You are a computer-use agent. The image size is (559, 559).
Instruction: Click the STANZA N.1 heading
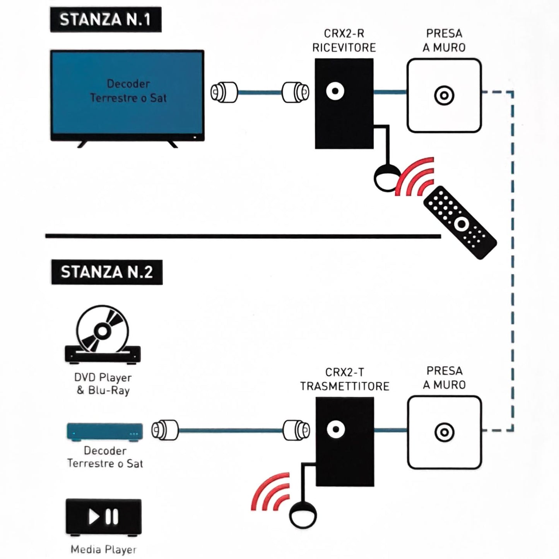coord(105,19)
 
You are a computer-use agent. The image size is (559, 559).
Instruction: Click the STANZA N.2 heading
coord(107,272)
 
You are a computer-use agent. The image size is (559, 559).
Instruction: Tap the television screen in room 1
coord(127,94)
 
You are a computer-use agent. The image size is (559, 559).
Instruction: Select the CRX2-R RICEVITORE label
coord(344,41)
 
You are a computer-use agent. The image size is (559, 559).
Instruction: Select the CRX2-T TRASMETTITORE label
coord(344,379)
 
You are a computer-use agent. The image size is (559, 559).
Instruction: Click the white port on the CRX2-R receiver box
coord(335,91)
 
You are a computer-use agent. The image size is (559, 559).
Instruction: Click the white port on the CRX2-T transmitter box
coord(335,429)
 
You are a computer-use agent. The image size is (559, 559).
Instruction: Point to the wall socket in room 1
coord(444,95)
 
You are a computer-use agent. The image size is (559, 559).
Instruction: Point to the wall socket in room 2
coord(444,432)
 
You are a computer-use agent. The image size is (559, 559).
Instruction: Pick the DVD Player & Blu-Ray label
coord(103,384)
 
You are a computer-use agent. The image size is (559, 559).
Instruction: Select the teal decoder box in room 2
coord(104,432)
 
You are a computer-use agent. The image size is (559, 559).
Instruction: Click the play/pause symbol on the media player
coord(103,516)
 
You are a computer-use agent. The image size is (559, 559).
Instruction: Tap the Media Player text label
coord(103,549)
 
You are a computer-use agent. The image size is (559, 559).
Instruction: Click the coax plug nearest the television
coord(224,92)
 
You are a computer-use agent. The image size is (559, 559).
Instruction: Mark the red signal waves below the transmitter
coord(271,491)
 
